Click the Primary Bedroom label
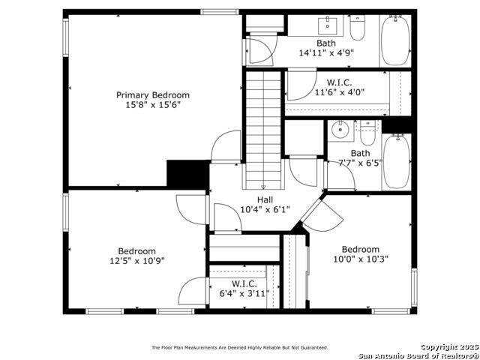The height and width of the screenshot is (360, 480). point(153,95)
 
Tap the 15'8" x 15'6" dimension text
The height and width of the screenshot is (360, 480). point(153,105)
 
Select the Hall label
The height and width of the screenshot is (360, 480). point(265,200)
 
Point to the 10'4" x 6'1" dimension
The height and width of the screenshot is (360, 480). point(265,210)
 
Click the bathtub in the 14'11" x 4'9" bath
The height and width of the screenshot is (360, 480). point(395,40)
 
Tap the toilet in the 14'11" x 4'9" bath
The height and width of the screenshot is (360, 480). point(358,28)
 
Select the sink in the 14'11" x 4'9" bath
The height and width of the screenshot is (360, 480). point(328,26)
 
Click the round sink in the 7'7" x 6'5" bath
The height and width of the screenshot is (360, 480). point(340,130)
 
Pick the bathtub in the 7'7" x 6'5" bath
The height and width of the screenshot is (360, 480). point(397,162)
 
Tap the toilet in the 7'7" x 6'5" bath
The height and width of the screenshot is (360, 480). point(367,133)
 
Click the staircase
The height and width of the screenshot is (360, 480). point(263,130)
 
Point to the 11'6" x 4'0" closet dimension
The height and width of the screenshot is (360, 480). point(340,91)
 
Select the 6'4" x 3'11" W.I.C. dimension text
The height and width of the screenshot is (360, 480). point(244,293)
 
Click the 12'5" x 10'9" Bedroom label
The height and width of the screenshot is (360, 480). point(136,251)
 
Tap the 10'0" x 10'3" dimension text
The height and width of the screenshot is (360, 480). point(361,259)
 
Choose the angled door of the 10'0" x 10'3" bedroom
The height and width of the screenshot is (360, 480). point(322,215)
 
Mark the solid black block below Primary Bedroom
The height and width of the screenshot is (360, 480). point(188,174)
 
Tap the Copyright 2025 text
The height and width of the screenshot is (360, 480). point(450,346)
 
